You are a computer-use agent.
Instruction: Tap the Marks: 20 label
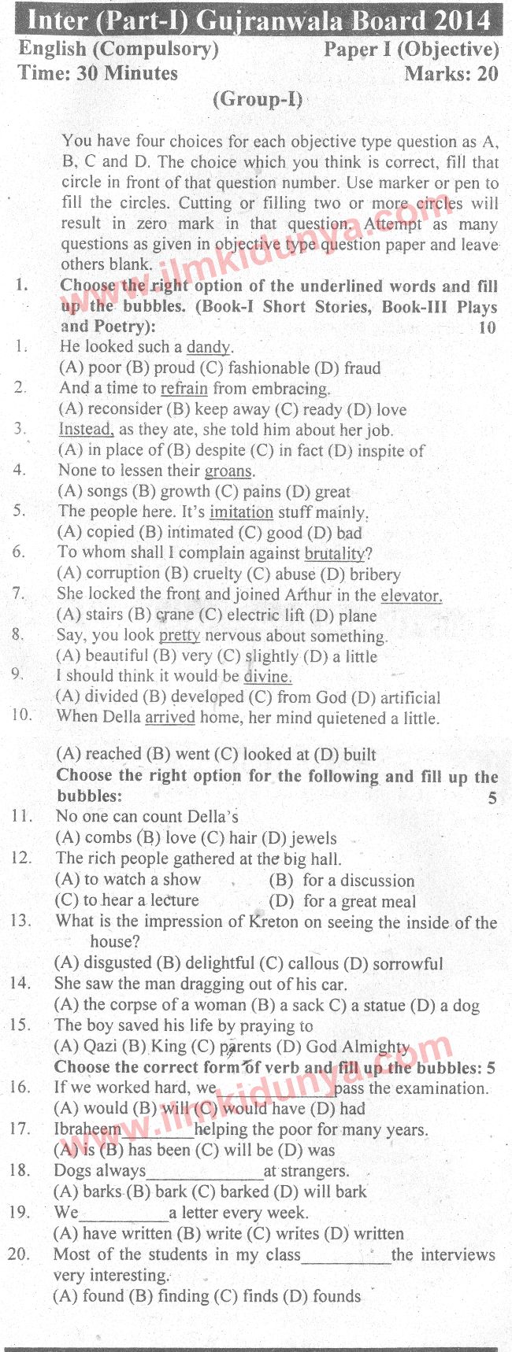point(451,74)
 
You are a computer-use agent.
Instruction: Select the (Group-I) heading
point(258,100)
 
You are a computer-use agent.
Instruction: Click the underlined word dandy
point(209,347)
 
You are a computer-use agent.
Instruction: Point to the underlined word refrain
point(184,388)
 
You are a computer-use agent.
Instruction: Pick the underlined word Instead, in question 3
point(86,430)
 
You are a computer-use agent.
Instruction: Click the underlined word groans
point(228,471)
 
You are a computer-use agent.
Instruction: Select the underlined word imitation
point(241,512)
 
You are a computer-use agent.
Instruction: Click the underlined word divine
point(267,677)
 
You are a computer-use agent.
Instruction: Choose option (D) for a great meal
point(343,901)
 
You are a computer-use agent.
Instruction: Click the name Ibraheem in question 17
point(87,1129)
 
